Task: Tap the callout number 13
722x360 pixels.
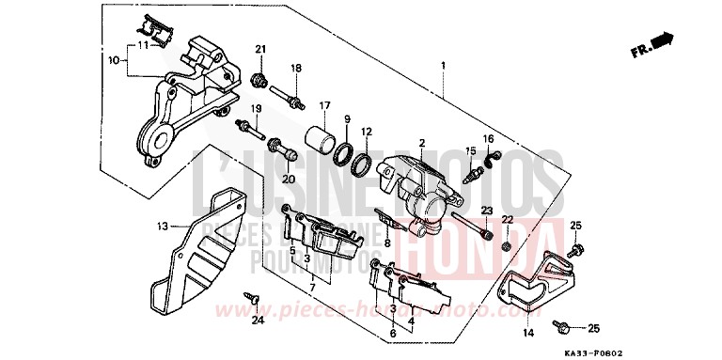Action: pos(161,227)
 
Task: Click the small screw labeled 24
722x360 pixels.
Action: pos(251,296)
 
